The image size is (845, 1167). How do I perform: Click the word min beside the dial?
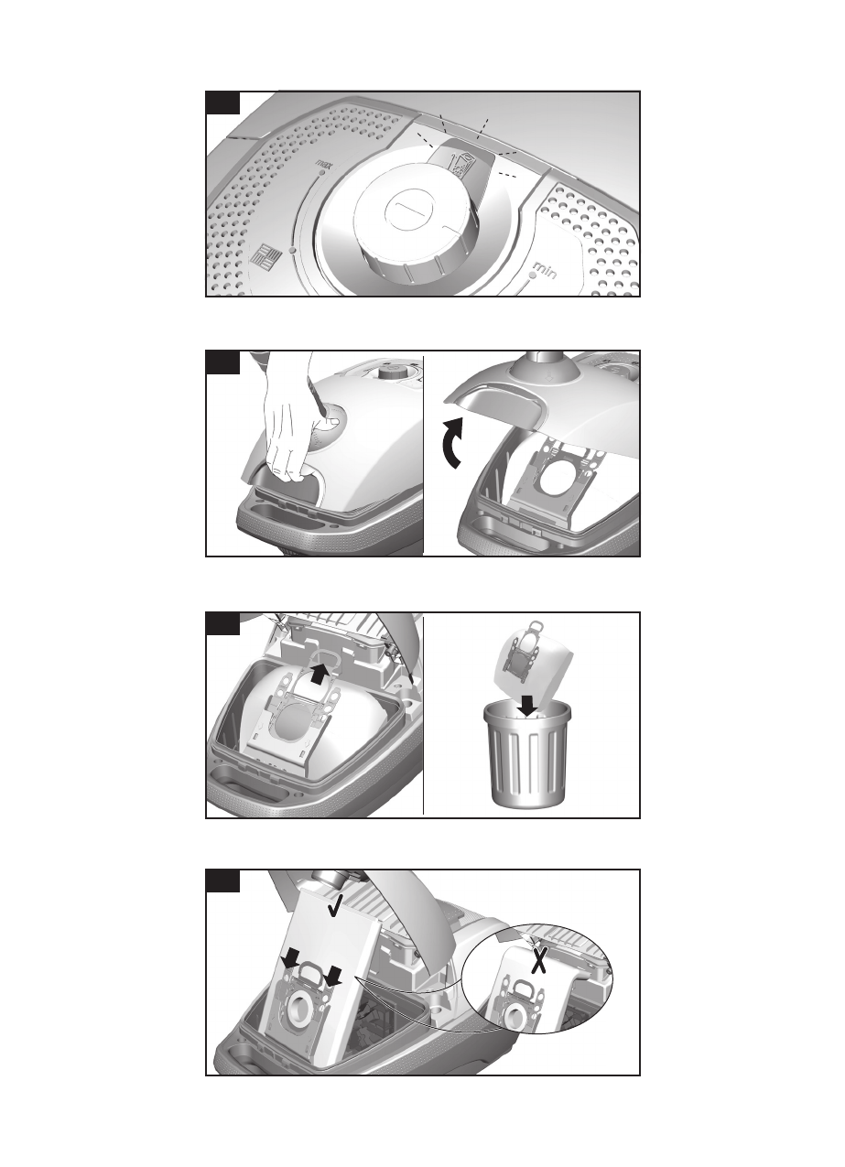(545, 270)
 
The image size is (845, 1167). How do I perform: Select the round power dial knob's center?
(410, 208)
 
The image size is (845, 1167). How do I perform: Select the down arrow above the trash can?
(529, 706)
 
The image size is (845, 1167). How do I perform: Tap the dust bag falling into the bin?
(534, 662)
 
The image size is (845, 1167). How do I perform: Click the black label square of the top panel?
(223, 103)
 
